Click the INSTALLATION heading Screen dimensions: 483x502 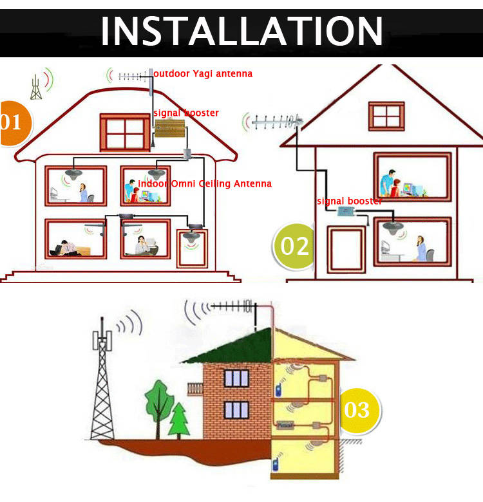pos(241,31)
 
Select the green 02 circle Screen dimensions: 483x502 pos(293,246)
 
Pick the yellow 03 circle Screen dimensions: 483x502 pos(359,411)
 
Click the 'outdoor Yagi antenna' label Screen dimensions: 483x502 pos(203,74)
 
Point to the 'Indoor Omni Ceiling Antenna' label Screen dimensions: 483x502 pos(205,184)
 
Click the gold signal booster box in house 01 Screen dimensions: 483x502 pos(170,127)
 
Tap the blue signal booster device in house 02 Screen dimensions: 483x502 pos(346,211)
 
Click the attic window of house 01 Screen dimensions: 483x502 pos(125,133)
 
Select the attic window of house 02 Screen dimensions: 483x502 pos(386,116)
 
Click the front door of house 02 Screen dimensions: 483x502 pos(346,250)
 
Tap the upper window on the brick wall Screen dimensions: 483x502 pos(236,378)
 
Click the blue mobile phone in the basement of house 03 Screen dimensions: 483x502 pos(275,464)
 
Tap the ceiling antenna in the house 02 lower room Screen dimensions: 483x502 pos(393,228)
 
